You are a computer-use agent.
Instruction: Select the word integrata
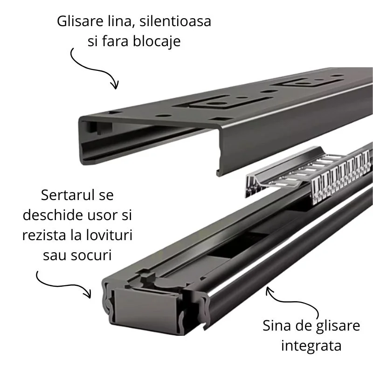tap(311, 345)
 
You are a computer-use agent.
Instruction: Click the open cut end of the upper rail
tap(98, 140)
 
